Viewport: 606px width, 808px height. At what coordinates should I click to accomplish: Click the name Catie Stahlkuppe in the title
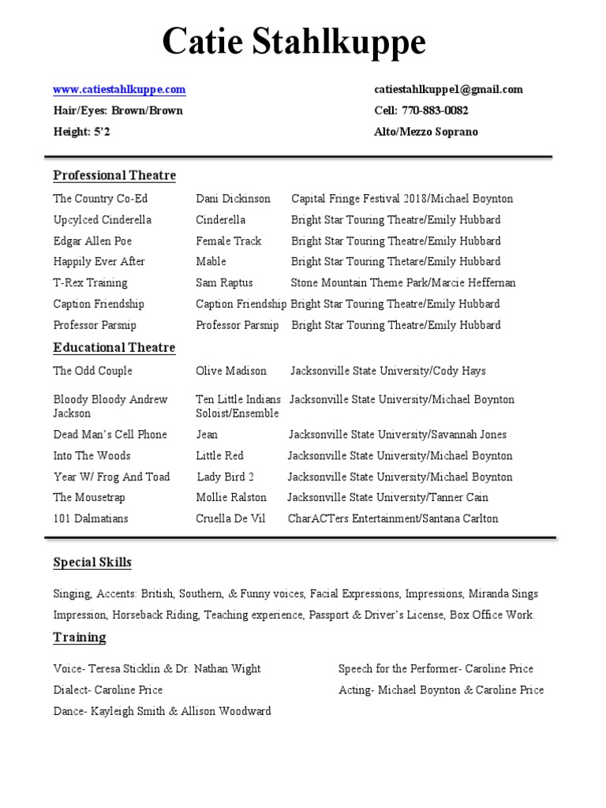click(x=294, y=42)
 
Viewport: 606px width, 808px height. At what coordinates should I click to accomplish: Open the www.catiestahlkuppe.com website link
click(x=119, y=89)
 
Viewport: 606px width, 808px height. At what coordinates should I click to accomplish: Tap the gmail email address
click(x=448, y=89)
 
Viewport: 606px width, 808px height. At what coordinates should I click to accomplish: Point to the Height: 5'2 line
click(x=81, y=132)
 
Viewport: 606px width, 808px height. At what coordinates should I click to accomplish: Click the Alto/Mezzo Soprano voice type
click(x=425, y=132)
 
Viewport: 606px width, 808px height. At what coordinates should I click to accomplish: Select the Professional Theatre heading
click(x=114, y=175)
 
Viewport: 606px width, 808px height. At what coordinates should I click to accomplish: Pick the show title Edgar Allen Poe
click(x=92, y=241)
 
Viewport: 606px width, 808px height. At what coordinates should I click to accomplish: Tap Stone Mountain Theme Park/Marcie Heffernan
click(x=403, y=282)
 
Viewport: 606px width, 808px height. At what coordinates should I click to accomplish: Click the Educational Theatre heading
click(x=114, y=348)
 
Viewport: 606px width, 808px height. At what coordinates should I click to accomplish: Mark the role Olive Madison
click(x=231, y=371)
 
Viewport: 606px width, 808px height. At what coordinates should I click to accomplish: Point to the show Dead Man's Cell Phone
click(x=110, y=435)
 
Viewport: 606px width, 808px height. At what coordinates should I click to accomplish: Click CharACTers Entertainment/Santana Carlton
click(x=393, y=518)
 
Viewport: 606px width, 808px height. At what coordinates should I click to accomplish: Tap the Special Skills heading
click(x=92, y=563)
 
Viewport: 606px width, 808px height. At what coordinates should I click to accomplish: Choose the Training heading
click(x=79, y=638)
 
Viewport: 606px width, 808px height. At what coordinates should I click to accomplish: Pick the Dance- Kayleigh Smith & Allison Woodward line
click(x=162, y=711)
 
